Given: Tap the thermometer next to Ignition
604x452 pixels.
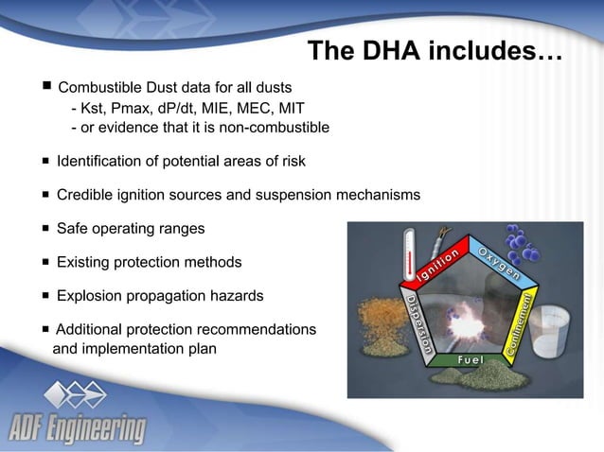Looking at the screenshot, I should pos(409,251).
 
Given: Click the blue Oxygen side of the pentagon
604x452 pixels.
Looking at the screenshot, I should pos(499,265).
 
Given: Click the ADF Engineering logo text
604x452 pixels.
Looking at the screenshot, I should pos(78,428).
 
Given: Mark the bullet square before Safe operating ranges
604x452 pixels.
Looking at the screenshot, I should pos(44,229).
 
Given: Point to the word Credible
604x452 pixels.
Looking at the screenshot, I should pos(83,195).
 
